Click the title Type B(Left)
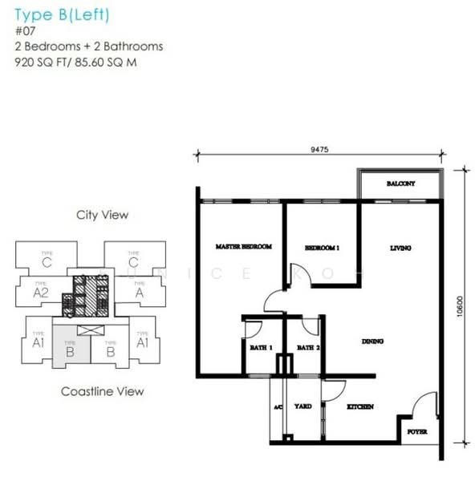point(61,14)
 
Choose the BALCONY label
point(400,184)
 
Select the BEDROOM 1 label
point(322,249)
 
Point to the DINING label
point(372,342)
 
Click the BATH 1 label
point(260,348)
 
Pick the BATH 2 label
point(308,348)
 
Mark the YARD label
point(302,407)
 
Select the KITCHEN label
point(359,407)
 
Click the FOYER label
point(416,431)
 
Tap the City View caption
point(102,215)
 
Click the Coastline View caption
point(103,391)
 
